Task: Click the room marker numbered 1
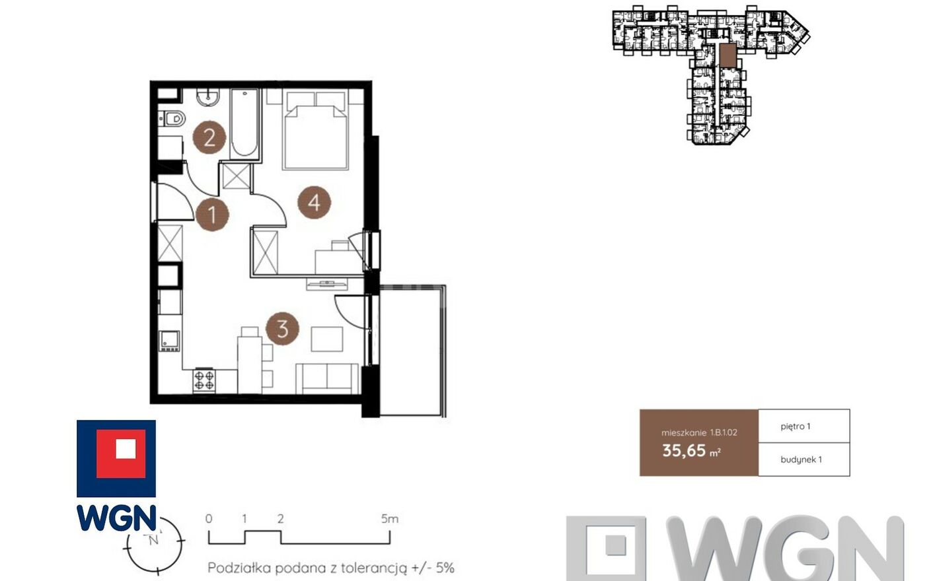tap(212, 215)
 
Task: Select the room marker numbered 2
tap(209, 137)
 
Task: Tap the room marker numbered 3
tap(282, 329)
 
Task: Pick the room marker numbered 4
tap(315, 203)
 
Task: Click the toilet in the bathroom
tap(172, 119)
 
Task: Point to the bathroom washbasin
tap(207, 97)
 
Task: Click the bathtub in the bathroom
tap(244, 123)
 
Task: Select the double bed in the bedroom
tap(315, 131)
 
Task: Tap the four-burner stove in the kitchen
tap(204, 381)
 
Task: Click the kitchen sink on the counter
tap(169, 341)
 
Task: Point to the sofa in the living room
tap(326, 378)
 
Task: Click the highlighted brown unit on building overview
tap(727, 55)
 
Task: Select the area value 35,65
tap(684, 450)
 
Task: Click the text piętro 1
tap(796, 427)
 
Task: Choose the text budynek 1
tap(801, 460)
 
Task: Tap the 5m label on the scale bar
tap(389, 519)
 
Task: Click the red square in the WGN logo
tap(121, 454)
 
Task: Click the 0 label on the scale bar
tap(209, 519)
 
